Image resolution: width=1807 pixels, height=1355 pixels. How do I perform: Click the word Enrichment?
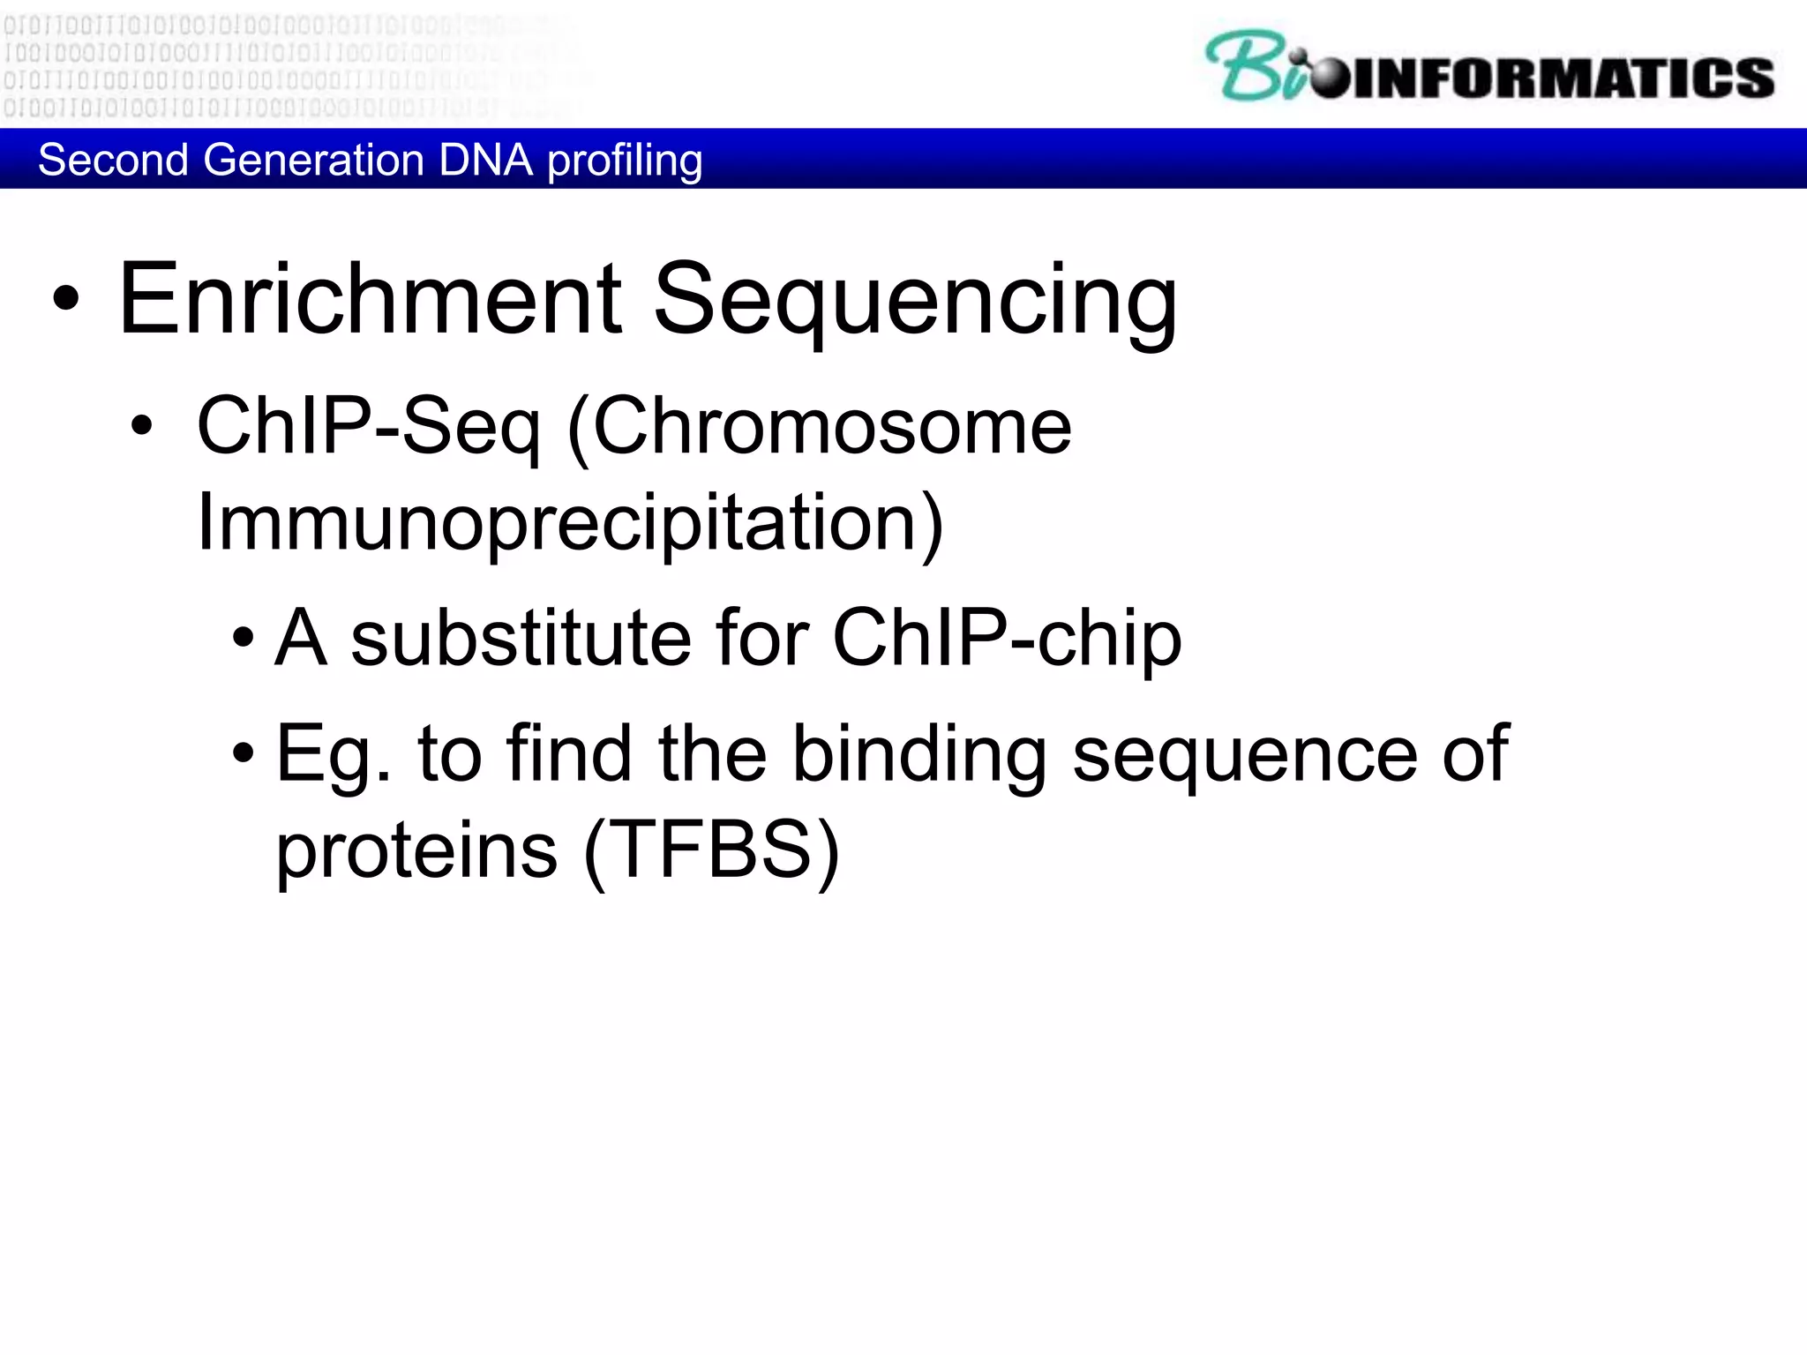(x=371, y=300)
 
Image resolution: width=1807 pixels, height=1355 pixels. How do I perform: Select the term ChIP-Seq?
(x=368, y=427)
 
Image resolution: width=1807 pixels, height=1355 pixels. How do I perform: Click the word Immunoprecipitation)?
(x=570, y=524)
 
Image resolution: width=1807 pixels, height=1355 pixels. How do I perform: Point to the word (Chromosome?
(x=819, y=427)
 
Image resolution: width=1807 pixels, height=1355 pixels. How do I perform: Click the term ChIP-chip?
(x=1007, y=638)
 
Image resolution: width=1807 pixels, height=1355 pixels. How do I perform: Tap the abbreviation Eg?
(x=333, y=755)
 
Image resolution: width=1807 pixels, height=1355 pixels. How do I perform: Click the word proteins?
(x=416, y=850)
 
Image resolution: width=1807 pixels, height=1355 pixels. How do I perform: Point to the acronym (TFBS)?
(x=711, y=850)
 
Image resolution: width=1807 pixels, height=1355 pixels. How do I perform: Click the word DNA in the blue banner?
(x=485, y=161)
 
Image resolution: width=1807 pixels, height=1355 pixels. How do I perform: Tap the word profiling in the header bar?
(x=625, y=161)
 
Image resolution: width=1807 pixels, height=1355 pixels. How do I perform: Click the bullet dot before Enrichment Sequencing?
(x=66, y=300)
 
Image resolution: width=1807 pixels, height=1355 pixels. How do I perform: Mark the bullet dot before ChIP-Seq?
(x=141, y=427)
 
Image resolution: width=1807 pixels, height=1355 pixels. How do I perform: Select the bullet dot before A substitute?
(x=244, y=638)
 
